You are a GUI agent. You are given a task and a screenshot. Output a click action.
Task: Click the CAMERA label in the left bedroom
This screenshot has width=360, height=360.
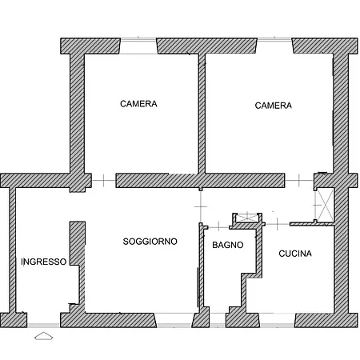pyautogui.click(x=138, y=104)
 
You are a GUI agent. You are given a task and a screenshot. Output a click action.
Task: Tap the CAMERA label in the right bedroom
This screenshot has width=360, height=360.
pyautogui.click(x=273, y=106)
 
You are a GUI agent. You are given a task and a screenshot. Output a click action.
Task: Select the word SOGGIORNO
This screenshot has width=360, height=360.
pyautogui.click(x=150, y=242)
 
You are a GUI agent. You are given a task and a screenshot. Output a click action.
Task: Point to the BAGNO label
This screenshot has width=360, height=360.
pyautogui.click(x=228, y=245)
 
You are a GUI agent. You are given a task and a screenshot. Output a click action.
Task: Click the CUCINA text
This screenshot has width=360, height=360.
pyautogui.click(x=295, y=254)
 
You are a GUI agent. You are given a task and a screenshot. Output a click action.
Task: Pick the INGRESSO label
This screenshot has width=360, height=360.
pyautogui.click(x=44, y=262)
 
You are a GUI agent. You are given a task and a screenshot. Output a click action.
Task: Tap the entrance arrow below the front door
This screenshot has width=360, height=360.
pyautogui.click(x=44, y=336)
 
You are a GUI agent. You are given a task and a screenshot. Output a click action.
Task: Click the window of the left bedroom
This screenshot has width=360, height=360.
pyautogui.click(x=138, y=46)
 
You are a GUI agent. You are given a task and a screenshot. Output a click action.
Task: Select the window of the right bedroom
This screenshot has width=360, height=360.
pyautogui.click(x=274, y=46)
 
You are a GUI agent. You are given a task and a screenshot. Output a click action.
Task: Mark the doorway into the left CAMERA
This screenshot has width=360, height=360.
pyautogui.click(x=104, y=181)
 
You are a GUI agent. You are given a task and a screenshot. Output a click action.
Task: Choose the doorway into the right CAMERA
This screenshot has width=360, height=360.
pyautogui.click(x=299, y=181)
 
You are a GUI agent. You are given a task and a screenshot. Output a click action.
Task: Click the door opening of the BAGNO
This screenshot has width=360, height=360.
pyautogui.click(x=218, y=227)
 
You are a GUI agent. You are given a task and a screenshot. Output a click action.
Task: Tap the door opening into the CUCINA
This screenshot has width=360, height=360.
pyautogui.click(x=278, y=224)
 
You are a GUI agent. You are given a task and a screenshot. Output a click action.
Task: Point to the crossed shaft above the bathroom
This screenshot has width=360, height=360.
pyautogui.click(x=247, y=218)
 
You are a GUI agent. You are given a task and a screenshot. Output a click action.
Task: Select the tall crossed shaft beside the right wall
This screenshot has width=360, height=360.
pyautogui.click(x=326, y=205)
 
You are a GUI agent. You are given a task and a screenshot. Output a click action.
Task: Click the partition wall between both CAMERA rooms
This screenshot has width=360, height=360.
pyautogui.click(x=202, y=114)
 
